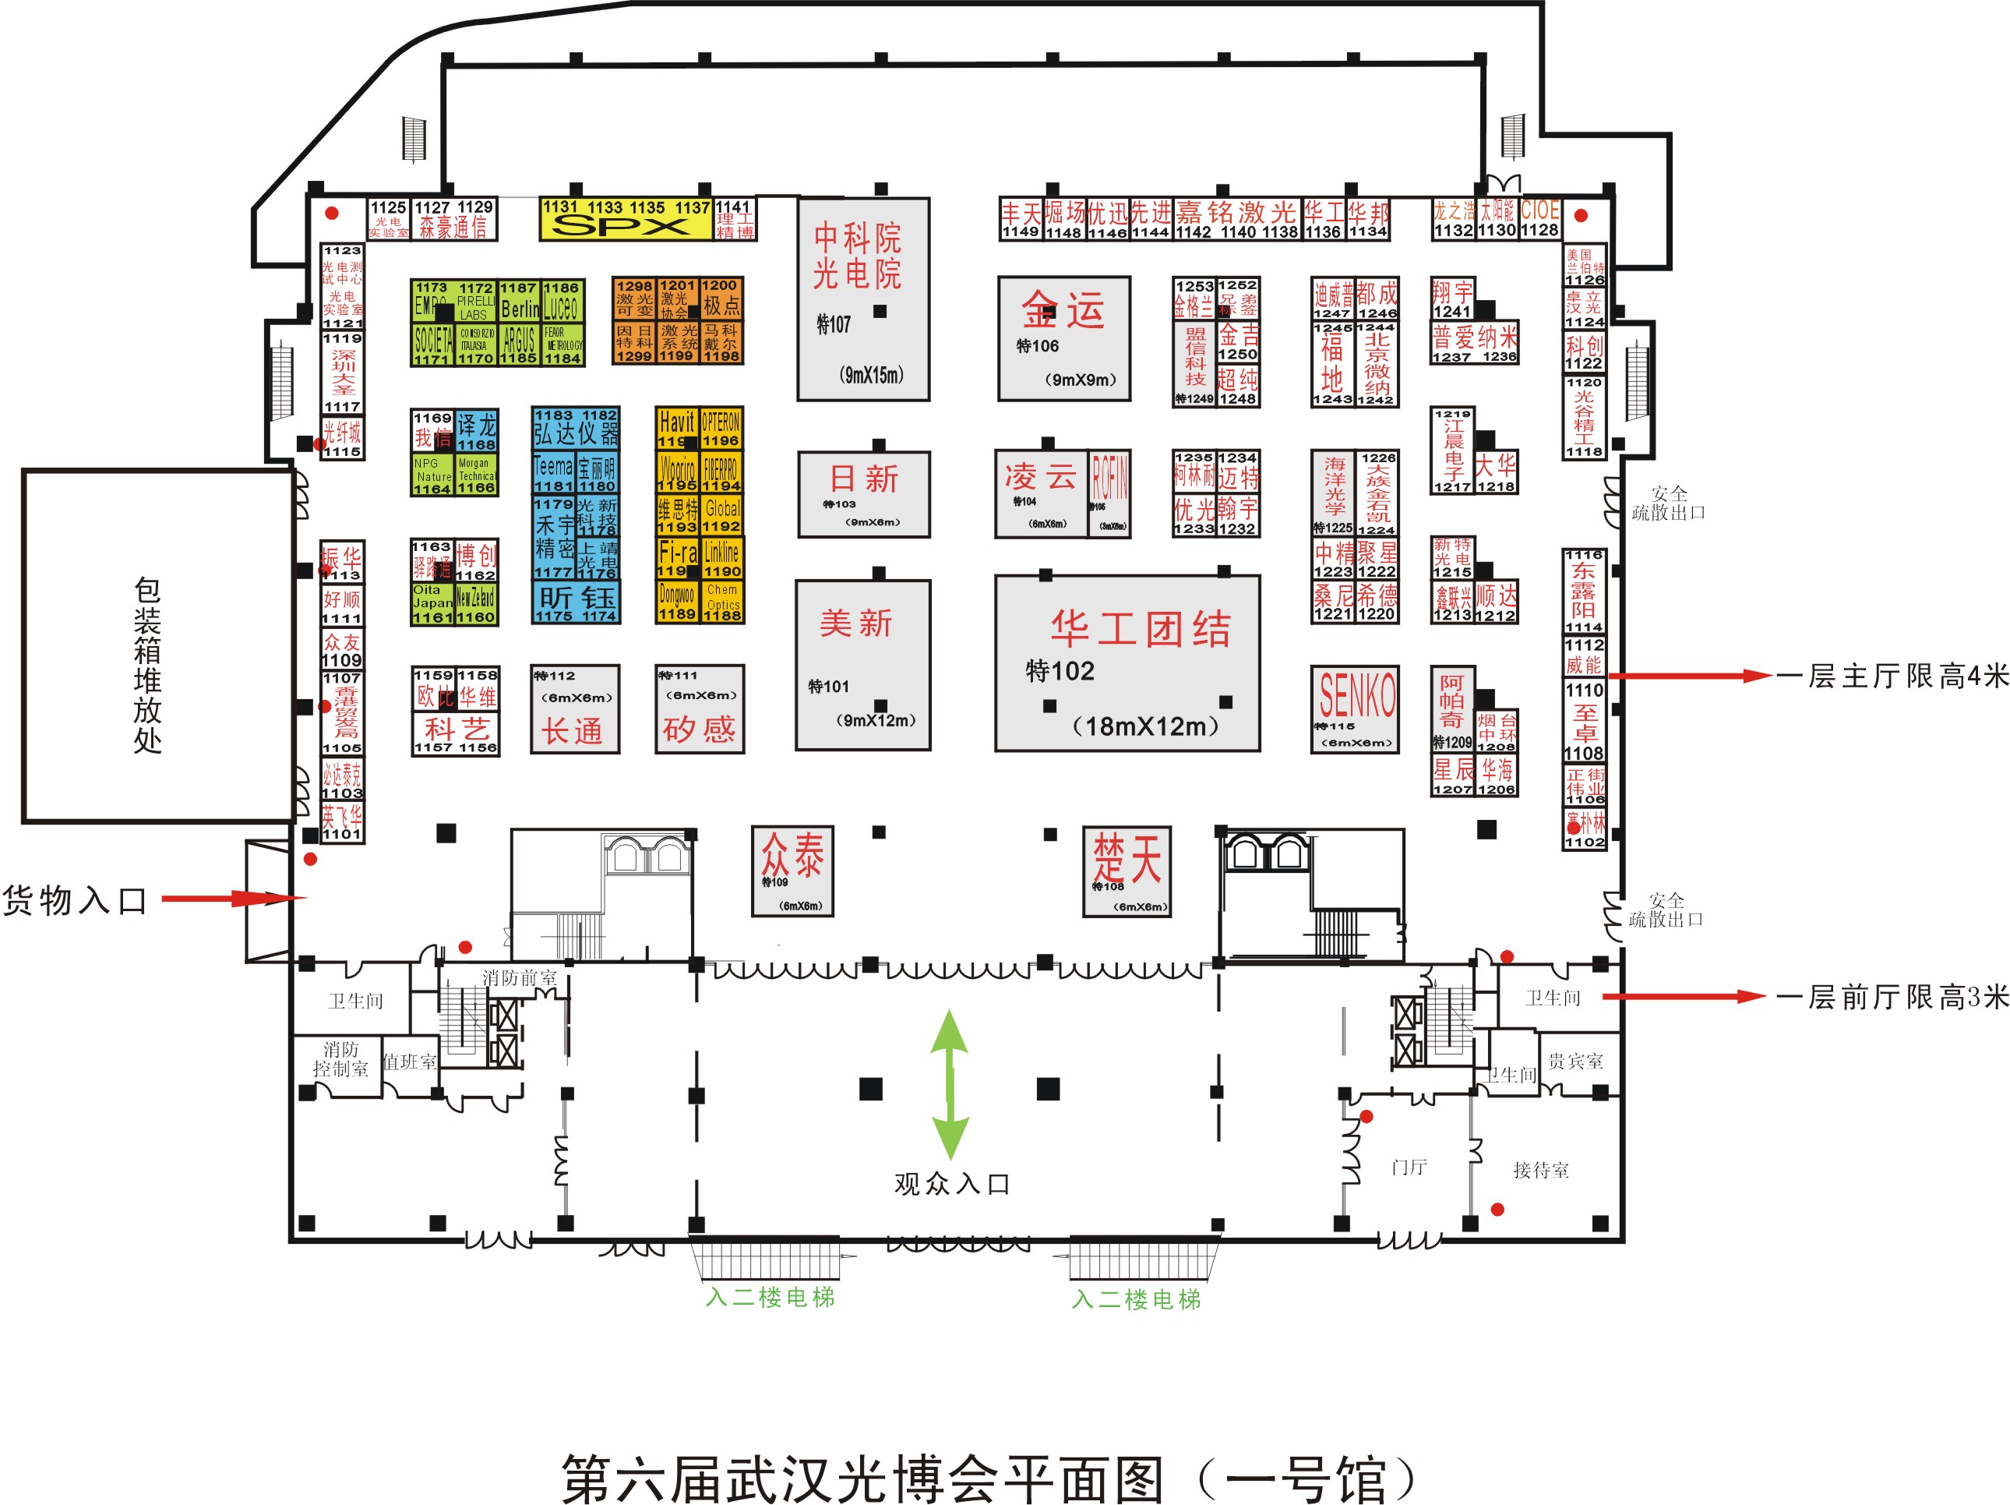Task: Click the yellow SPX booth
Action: tap(625, 219)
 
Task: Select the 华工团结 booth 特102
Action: tap(1127, 662)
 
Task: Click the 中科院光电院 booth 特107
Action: tap(862, 299)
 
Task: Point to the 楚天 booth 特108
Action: tap(1127, 871)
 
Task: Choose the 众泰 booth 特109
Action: tap(792, 870)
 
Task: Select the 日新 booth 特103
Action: tap(863, 493)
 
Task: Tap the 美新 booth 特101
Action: tap(862, 664)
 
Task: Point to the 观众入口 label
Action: tap(951, 1183)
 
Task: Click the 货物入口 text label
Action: tap(75, 901)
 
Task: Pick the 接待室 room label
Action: tap(1540, 1170)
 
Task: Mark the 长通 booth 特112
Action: tap(574, 709)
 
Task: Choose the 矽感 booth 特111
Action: tap(699, 709)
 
